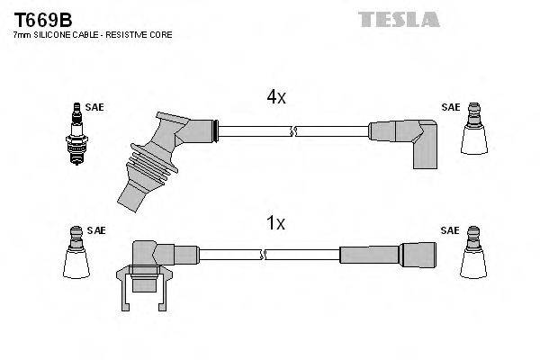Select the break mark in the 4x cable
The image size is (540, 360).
[x=292, y=131]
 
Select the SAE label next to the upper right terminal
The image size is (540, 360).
[x=450, y=107]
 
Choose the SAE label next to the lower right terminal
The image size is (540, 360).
[x=450, y=230]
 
